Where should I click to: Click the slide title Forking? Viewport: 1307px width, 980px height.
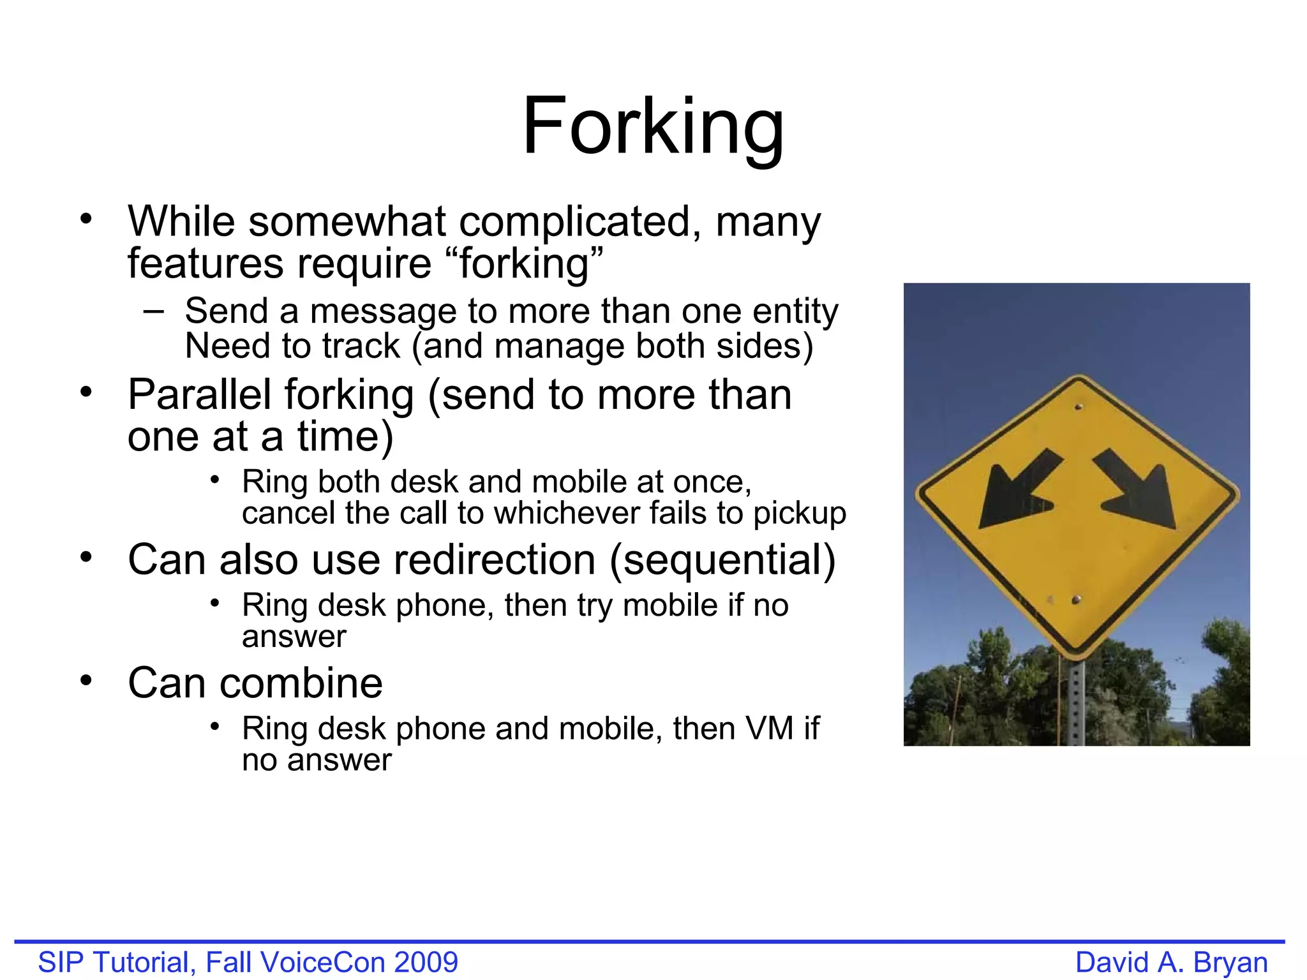[x=653, y=126]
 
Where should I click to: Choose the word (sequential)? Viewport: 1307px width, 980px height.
[x=722, y=560]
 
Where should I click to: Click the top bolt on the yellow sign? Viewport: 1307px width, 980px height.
[x=1079, y=406]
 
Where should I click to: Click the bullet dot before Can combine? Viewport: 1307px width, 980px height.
[x=86, y=680]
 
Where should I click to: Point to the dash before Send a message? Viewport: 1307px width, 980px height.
[x=153, y=311]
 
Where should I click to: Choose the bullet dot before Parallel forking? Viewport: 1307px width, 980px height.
[x=86, y=392]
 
